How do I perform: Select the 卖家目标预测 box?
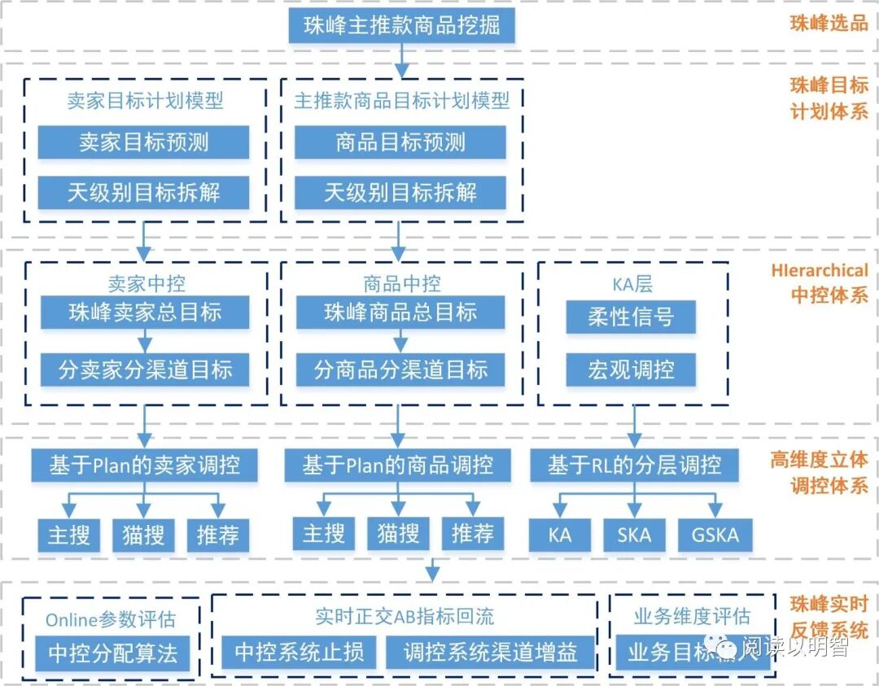(x=143, y=142)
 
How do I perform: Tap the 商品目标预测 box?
(x=400, y=142)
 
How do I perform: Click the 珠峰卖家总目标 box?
(x=145, y=312)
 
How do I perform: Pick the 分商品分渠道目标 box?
(x=400, y=370)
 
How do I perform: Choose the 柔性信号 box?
(x=631, y=317)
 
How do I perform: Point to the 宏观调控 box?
(x=631, y=370)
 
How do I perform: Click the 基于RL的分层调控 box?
(x=634, y=465)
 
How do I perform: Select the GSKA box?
(x=715, y=535)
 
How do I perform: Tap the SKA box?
(x=634, y=535)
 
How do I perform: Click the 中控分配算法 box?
(x=112, y=653)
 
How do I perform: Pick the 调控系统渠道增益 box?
(x=491, y=652)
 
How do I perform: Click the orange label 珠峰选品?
(x=829, y=24)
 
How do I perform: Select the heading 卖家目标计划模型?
(x=145, y=101)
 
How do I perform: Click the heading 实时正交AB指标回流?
(x=405, y=617)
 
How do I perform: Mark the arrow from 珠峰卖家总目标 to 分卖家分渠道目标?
(x=145, y=341)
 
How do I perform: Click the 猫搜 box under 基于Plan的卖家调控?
(x=143, y=535)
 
